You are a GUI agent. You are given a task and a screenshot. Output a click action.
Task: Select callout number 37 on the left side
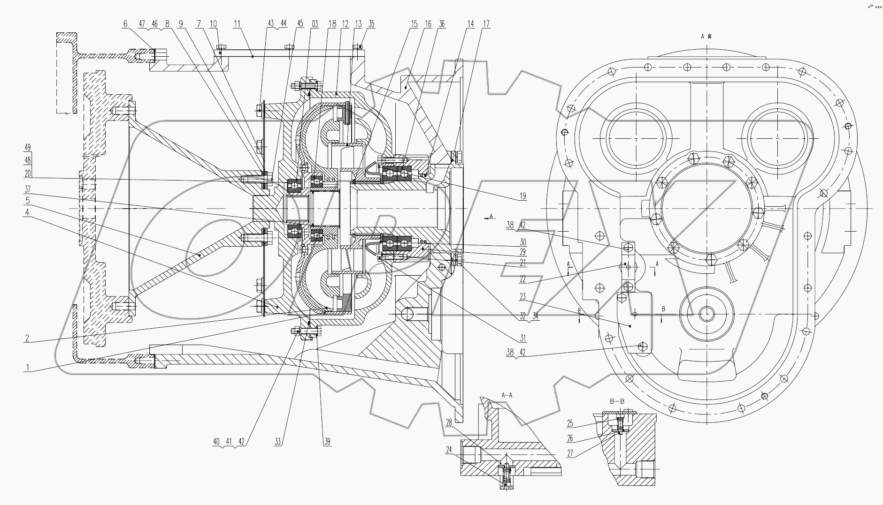point(28,189)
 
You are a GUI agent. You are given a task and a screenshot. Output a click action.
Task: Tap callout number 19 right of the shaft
point(522,197)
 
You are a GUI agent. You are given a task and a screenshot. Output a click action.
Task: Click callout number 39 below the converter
point(327,441)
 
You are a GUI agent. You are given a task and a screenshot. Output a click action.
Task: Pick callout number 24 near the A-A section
point(449,449)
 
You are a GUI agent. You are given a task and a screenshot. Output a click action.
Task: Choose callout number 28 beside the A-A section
point(449,423)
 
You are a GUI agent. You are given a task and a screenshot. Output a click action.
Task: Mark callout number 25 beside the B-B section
point(570,424)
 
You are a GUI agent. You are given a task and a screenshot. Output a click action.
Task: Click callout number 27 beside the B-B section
point(570,454)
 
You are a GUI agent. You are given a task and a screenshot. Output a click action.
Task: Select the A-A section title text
point(507,395)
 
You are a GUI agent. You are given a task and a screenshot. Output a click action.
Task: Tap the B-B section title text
point(616,401)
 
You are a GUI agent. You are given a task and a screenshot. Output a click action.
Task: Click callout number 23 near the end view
point(522,297)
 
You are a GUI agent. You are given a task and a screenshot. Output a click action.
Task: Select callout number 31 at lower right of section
point(522,338)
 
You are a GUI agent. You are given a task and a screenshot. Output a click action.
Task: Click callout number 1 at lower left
point(28,368)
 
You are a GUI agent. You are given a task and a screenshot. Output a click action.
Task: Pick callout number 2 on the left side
point(28,338)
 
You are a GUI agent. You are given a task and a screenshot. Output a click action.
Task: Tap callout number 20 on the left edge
point(28,173)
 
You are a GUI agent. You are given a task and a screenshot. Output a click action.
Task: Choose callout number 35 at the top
point(371,24)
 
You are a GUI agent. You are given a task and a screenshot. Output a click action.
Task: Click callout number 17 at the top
point(486,24)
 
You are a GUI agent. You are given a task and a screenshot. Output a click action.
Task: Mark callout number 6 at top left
point(125,24)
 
